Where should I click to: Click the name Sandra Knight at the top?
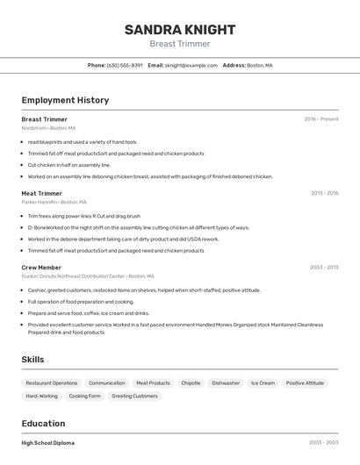[x=179, y=29]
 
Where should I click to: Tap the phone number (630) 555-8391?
[x=125, y=65]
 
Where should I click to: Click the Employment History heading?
[x=65, y=100]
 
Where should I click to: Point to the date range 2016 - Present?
[x=321, y=119]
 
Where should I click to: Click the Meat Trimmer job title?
[x=41, y=193]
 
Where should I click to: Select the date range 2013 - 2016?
[x=324, y=193]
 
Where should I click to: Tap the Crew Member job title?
[x=41, y=267]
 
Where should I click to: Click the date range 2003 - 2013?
[x=324, y=267]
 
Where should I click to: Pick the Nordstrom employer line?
[x=54, y=128]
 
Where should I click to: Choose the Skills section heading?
[x=32, y=359]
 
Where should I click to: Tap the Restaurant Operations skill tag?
[x=52, y=383]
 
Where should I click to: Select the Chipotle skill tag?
[x=191, y=383]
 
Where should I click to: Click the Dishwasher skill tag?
[x=226, y=383]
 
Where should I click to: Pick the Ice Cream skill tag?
[x=263, y=383]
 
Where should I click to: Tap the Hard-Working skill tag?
[x=41, y=396]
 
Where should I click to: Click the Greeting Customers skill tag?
[x=135, y=396]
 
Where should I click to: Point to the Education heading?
[x=43, y=423]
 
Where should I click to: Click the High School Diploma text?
[x=48, y=443]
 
